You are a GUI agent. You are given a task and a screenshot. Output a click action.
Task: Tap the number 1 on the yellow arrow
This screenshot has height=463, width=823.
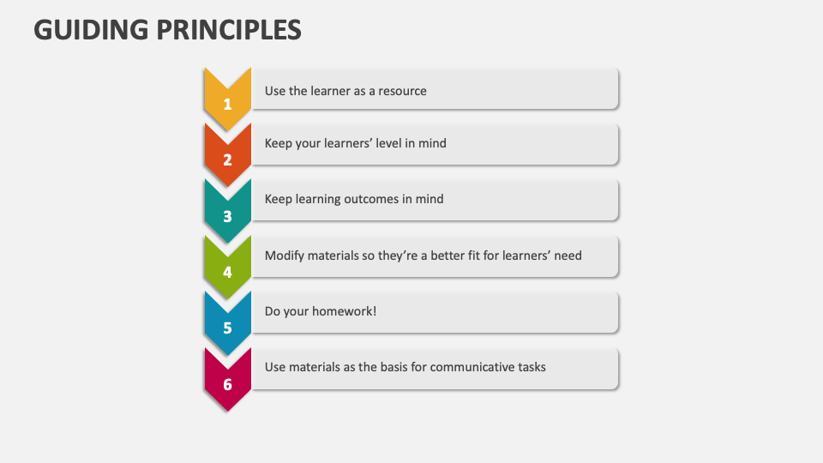[x=227, y=105]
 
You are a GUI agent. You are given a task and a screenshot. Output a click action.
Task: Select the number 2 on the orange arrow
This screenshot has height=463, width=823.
[x=227, y=159]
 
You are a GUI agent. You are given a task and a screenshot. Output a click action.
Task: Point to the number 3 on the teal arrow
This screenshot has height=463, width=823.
[x=227, y=216]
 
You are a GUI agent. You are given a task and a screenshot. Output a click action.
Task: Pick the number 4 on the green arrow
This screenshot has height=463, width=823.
[x=227, y=273]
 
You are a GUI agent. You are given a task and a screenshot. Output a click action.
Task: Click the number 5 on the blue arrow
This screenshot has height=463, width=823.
[x=227, y=328]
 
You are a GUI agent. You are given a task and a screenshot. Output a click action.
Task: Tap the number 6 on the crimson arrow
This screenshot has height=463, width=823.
[x=227, y=384]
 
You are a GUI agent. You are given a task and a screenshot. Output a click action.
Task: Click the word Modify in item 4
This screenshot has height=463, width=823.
[x=285, y=256]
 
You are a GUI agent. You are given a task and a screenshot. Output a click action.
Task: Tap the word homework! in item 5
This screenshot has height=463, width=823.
[x=345, y=311]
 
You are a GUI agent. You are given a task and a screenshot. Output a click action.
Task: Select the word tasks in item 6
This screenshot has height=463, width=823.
[x=531, y=367]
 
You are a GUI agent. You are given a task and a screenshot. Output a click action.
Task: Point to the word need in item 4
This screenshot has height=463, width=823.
[x=568, y=256]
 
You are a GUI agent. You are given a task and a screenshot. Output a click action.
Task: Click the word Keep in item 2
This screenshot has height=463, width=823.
[x=279, y=143]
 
